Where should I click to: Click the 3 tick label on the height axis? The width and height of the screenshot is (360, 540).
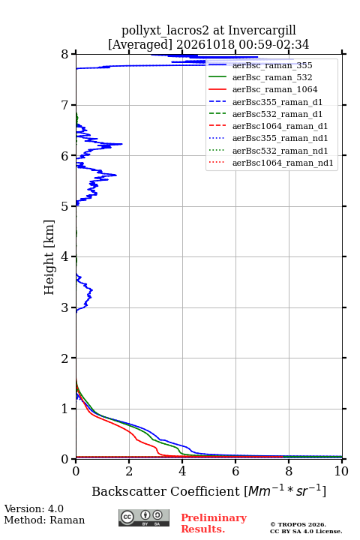[65, 307]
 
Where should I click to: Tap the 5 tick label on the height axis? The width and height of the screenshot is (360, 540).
[65, 206]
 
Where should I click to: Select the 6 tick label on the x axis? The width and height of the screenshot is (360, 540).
[235, 471]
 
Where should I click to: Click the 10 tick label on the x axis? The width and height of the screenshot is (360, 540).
[341, 471]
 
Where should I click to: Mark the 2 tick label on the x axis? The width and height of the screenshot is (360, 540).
[129, 471]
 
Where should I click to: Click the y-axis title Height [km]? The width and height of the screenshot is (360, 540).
[49, 257]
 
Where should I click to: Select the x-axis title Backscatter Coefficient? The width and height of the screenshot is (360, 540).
[166, 491]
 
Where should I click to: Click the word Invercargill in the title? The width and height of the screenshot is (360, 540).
[262, 31]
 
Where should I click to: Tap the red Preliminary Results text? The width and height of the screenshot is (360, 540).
[214, 523]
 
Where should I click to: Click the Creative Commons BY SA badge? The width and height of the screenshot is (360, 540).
[144, 518]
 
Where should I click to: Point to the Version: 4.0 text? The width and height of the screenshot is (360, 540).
[34, 508]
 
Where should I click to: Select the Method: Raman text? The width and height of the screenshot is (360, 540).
[44, 520]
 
